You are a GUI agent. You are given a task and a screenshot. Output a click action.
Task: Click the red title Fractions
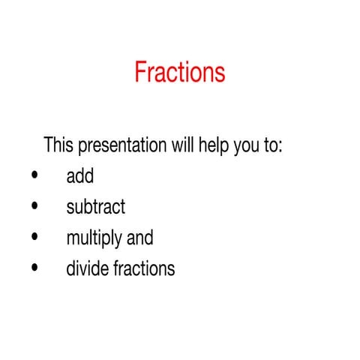(x=180, y=72)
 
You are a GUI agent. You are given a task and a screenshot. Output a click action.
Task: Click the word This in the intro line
(x=58, y=145)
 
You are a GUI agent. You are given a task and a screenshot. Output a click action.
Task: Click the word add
(x=79, y=176)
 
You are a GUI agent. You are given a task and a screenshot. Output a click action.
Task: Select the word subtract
(x=95, y=207)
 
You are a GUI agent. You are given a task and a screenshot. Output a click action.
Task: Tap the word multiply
(x=95, y=238)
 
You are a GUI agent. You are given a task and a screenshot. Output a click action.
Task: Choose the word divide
(x=85, y=268)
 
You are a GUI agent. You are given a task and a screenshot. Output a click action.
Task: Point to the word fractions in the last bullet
(x=142, y=268)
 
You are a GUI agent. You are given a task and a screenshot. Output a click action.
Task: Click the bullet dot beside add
(x=34, y=177)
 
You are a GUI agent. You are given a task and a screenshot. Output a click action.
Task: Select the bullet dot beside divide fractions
(x=34, y=268)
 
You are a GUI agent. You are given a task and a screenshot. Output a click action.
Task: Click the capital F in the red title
(x=141, y=72)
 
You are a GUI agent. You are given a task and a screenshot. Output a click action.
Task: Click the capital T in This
(x=49, y=145)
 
